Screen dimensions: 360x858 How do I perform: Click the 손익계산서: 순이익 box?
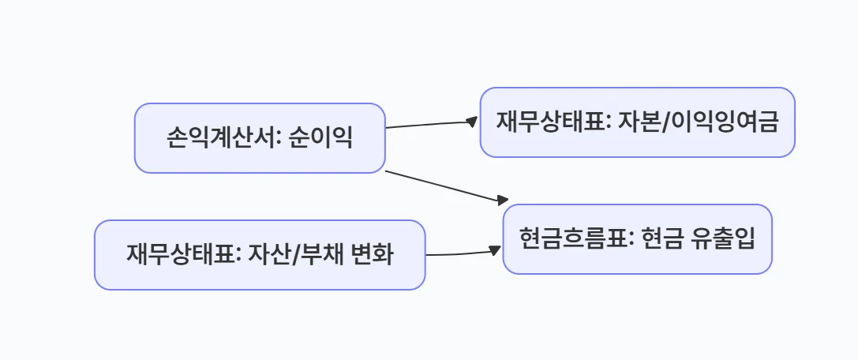(259, 138)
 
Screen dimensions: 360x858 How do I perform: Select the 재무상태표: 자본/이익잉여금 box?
(637, 122)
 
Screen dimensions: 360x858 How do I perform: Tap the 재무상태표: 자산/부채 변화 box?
(259, 255)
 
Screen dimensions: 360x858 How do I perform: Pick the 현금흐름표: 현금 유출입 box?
(637, 239)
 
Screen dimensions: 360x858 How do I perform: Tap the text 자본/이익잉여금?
(680, 123)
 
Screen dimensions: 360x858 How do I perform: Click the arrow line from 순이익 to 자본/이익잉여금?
(430, 124)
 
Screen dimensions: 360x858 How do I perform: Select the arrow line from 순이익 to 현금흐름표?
(442, 186)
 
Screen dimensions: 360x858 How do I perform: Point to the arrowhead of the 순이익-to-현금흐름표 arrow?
(503, 201)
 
